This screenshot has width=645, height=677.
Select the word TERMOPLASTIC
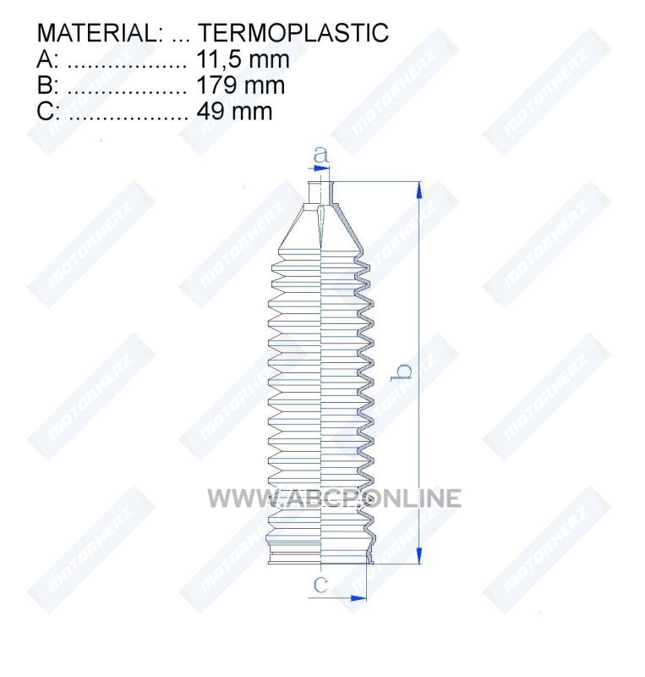[293, 33]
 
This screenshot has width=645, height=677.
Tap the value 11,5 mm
[243, 59]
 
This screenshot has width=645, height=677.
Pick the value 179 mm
[241, 85]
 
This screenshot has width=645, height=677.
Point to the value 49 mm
[235, 112]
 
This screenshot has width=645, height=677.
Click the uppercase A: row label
[47, 59]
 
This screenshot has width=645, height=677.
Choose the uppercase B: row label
[47, 85]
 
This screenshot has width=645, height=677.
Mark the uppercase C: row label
[47, 112]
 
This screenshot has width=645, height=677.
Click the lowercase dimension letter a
[320, 155]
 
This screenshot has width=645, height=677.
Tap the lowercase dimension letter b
[402, 372]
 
